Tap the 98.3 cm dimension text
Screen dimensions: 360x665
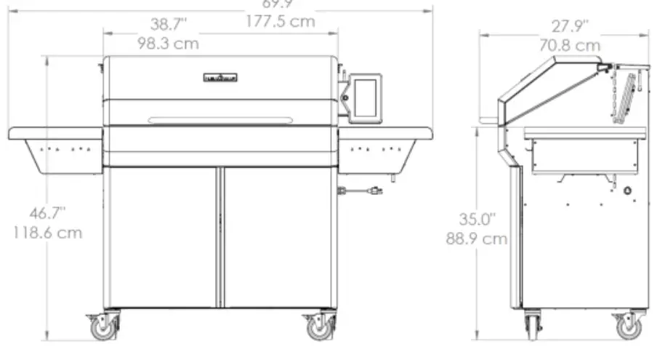tap(168, 44)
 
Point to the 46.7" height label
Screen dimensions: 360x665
tap(48, 213)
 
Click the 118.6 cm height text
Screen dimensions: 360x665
tap(48, 233)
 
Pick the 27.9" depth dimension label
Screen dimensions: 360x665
tap(569, 27)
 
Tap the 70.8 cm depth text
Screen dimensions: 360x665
tap(569, 45)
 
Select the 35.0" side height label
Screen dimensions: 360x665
tap(476, 219)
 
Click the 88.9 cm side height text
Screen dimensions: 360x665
tap(476, 239)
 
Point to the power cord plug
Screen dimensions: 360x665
tap(374, 191)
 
